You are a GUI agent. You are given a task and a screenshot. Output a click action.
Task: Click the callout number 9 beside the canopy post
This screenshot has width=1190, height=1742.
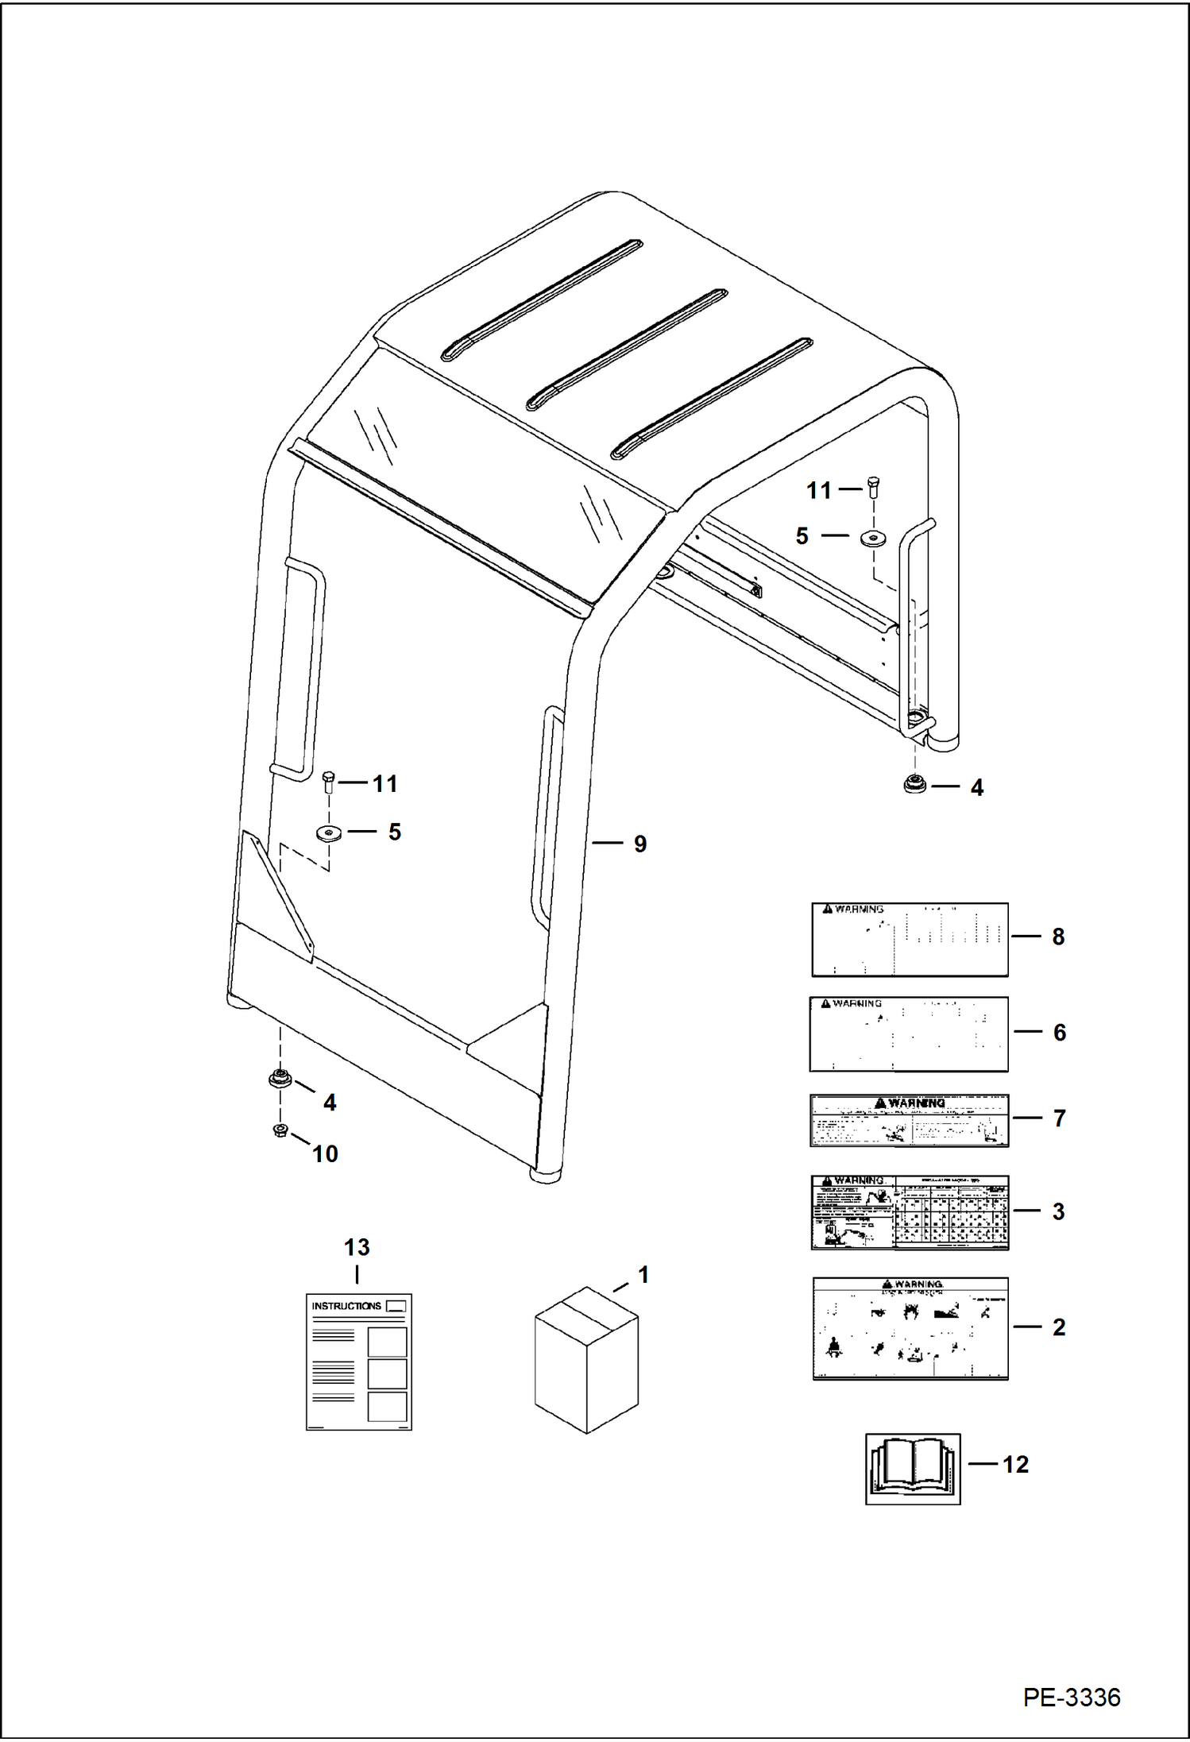tap(639, 844)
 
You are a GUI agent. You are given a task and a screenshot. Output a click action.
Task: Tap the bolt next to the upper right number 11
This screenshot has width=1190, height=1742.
tap(874, 486)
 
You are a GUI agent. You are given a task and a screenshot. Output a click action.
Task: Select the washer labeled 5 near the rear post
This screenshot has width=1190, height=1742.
tap(874, 538)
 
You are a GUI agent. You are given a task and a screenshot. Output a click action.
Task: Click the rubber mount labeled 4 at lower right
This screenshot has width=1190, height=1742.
tap(914, 784)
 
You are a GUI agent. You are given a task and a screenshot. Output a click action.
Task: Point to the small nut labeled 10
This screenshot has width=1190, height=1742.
tap(280, 1130)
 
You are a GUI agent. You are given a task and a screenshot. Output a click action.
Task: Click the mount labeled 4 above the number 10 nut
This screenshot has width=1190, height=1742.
tap(279, 1080)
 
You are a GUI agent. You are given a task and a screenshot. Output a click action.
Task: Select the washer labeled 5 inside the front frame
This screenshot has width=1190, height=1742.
tap(329, 832)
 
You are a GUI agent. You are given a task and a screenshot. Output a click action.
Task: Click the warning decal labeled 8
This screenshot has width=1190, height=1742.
tap(910, 939)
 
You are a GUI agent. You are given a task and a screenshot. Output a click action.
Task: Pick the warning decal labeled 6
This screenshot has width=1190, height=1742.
tap(909, 1033)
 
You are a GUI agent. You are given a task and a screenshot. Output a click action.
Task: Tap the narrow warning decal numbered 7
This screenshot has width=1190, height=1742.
tap(909, 1120)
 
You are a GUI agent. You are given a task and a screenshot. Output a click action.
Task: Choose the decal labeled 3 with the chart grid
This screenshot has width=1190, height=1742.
tap(910, 1212)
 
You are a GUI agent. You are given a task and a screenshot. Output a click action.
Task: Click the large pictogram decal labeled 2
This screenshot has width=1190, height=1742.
tap(910, 1328)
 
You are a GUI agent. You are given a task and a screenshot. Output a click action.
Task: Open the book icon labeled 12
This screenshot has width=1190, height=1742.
tap(913, 1469)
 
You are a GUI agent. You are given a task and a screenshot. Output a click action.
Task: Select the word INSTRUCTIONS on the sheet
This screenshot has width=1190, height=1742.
tap(346, 1306)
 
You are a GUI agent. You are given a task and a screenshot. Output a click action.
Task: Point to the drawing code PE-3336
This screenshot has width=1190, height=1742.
tap(1071, 1697)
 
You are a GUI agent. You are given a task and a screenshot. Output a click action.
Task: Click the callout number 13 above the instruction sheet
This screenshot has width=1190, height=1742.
tap(357, 1247)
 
